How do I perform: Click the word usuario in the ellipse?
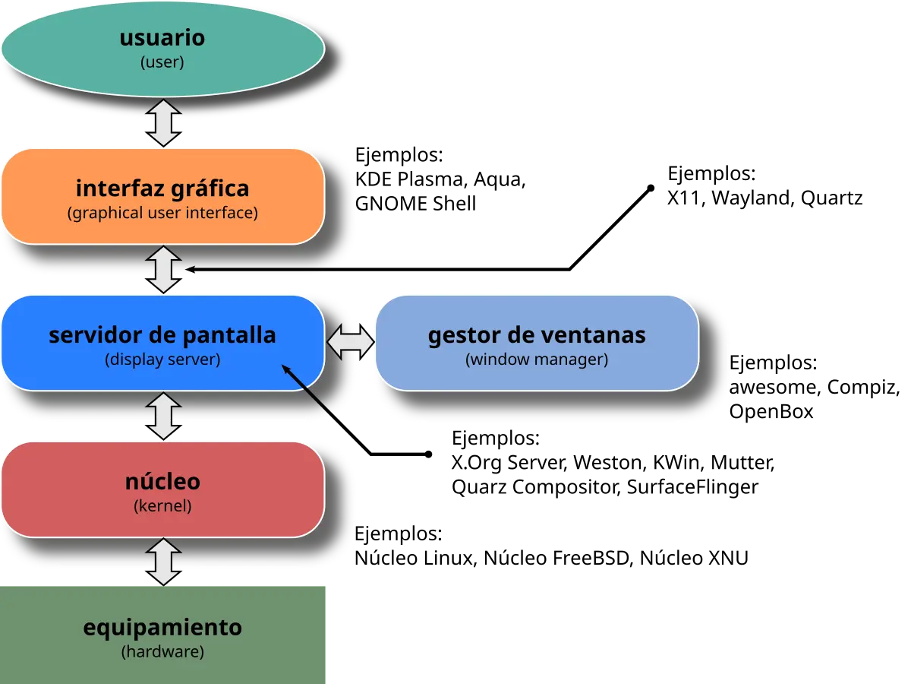[162, 38]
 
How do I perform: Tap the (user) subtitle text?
[162, 62]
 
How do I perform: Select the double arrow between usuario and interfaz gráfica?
[163, 122]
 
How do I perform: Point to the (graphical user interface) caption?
[162, 213]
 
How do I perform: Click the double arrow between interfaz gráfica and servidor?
[163, 269]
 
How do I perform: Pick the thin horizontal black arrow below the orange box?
[258, 269]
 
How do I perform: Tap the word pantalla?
[230, 334]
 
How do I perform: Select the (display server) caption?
[162, 359]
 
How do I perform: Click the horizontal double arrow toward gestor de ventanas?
[351, 343]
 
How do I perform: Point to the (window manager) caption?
[537, 359]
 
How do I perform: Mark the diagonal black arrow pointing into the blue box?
[307, 389]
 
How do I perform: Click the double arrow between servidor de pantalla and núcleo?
[163, 416]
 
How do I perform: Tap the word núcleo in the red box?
[162, 481]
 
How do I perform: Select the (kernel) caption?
[162, 505]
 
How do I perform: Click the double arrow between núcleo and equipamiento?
[163, 562]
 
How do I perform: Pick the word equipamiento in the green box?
[162, 628]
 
